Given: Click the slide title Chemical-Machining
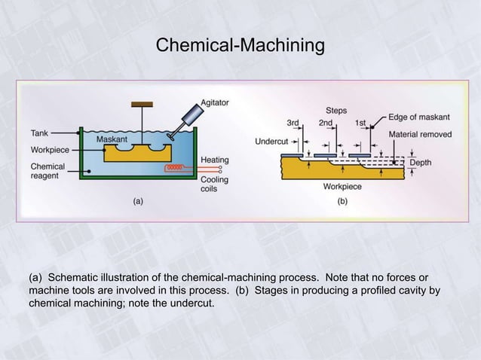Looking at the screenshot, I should click(240, 46).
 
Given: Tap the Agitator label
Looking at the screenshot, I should click(216, 102).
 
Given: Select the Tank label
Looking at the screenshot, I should click(39, 133).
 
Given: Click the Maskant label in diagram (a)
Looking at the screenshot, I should click(112, 139).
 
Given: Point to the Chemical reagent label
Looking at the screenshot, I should click(48, 171).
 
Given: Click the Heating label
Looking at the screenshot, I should click(215, 160).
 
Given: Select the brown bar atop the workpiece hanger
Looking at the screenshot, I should click(142, 104).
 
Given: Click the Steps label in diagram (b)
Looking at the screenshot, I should click(336, 110).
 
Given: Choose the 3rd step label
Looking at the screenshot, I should click(296, 122).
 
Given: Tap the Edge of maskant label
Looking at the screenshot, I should click(419, 117).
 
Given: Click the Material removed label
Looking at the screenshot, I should click(420, 134).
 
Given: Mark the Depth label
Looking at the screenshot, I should click(421, 162).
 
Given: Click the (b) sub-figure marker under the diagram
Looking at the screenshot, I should click(342, 200).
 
